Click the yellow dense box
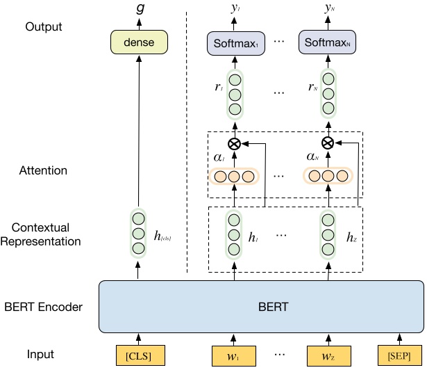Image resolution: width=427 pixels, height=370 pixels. pyautogui.click(x=139, y=44)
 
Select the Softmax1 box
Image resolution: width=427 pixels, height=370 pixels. pyautogui.click(x=234, y=44)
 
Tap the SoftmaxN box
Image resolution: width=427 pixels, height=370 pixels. pyautogui.click(x=327, y=44)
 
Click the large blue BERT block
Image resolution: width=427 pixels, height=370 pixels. pyautogui.click(x=261, y=306)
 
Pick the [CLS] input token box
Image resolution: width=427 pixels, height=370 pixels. pyautogui.click(x=138, y=355)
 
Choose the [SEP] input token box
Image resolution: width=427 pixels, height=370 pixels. pyautogui.click(x=400, y=355)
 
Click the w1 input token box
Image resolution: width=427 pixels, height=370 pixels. pyautogui.click(x=234, y=355)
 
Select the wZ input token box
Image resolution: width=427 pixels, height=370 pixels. pyautogui.click(x=327, y=355)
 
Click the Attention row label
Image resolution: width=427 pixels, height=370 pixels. pyautogui.click(x=45, y=170)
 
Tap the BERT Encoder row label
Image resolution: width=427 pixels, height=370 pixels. pyautogui.click(x=43, y=307)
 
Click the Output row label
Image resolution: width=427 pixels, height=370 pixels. pyautogui.click(x=43, y=27)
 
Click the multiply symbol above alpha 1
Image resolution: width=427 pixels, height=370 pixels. pyautogui.click(x=234, y=143)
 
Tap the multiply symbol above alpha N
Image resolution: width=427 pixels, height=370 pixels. pyautogui.click(x=327, y=143)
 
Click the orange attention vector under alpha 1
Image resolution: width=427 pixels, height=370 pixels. pyautogui.click(x=234, y=177)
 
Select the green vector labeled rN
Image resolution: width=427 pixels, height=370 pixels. pyautogui.click(x=327, y=94)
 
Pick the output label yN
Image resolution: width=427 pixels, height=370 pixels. pyautogui.click(x=327, y=8)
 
